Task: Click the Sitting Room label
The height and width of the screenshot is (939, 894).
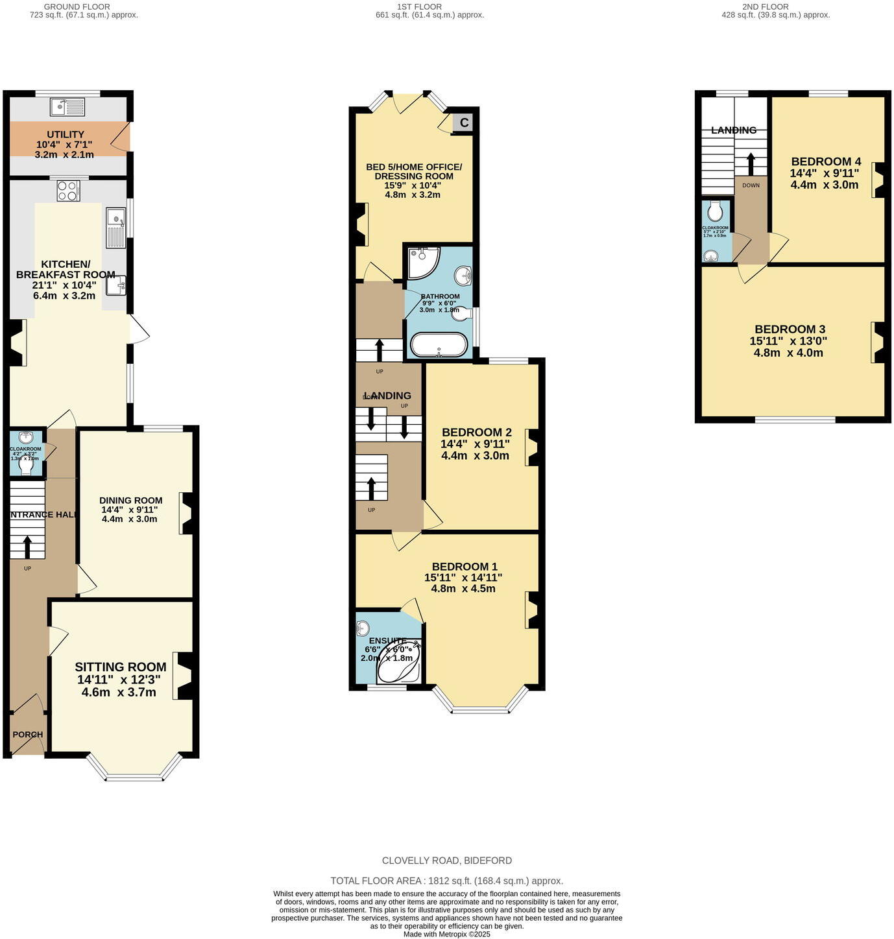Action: [120, 667]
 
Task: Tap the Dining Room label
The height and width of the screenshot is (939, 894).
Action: [130, 500]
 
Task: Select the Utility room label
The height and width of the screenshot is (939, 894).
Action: [65, 134]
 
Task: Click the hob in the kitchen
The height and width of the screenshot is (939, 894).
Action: [68, 191]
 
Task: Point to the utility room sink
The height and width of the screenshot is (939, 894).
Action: [67, 106]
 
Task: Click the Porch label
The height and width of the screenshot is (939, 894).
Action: [28, 735]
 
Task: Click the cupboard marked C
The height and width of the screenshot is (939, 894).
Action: [464, 122]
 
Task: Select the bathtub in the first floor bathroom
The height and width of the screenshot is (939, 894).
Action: [439, 346]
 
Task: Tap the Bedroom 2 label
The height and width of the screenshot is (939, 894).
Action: [476, 432]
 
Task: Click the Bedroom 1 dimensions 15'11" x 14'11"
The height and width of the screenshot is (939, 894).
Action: [463, 577]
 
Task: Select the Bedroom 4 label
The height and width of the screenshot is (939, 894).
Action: [826, 161]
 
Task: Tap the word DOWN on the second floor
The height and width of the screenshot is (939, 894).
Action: [751, 185]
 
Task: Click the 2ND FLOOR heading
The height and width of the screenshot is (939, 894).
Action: [766, 6]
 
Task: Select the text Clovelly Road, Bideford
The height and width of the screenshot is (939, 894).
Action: [446, 861]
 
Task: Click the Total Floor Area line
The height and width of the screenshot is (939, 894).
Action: [446, 881]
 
